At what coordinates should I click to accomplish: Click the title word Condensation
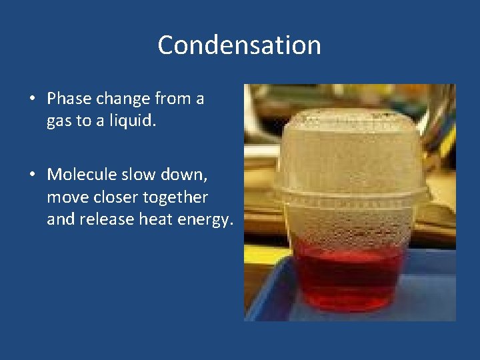coord(239,45)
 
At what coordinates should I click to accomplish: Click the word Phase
coord(70,99)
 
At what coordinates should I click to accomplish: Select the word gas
coord(58,122)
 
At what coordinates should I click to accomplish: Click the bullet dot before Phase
coord(31,100)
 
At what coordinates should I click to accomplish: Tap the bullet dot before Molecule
coord(31,175)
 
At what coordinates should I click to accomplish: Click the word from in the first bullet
coord(169,99)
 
